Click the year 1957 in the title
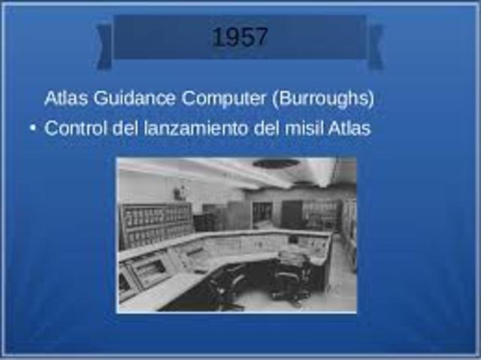[x=240, y=37]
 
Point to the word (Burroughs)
[x=323, y=98]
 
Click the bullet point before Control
[x=32, y=129]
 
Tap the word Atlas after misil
[x=349, y=129]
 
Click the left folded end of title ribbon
[x=104, y=45]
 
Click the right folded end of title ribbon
[x=375, y=45]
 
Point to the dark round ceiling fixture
[x=276, y=163]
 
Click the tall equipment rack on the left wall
[x=156, y=224]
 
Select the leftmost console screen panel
[x=126, y=283]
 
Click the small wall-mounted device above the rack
[x=179, y=193]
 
